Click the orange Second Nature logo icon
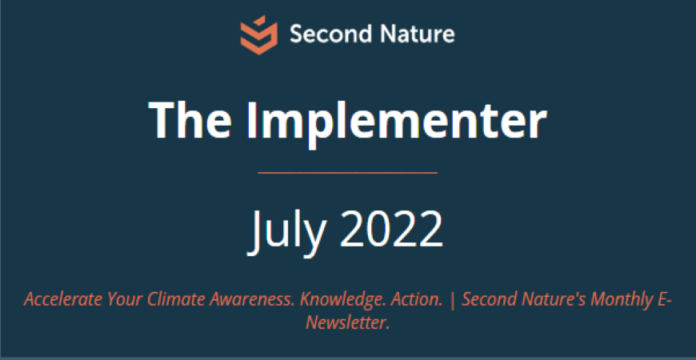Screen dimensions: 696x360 [258, 35]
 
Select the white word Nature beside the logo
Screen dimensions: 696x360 [411, 34]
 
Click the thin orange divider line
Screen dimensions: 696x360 [347, 173]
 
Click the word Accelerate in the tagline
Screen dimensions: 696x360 [63, 300]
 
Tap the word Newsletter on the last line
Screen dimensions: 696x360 [347, 322]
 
